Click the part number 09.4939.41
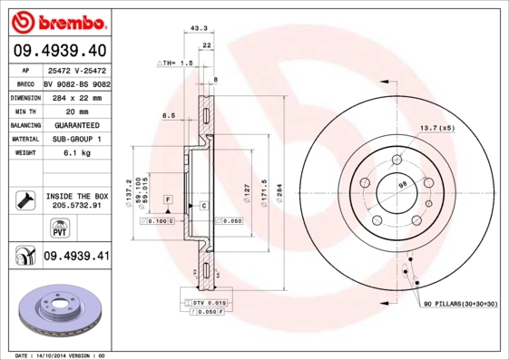click(x=76, y=257)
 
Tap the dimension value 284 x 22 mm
click(x=75, y=95)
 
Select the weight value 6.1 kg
click(x=75, y=153)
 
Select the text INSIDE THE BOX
click(x=76, y=196)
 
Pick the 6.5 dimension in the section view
click(x=168, y=116)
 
